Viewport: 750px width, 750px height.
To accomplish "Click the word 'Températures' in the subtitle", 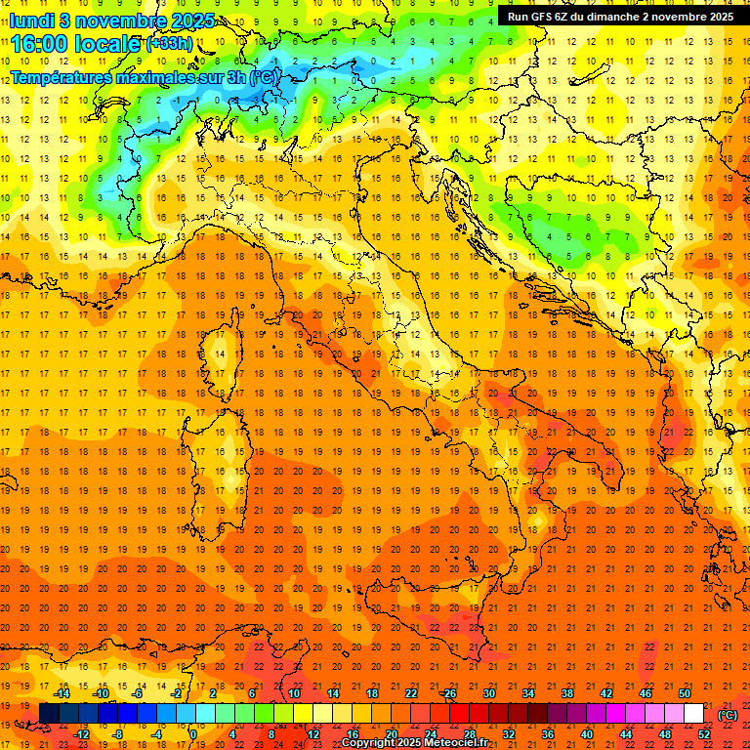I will (60, 76).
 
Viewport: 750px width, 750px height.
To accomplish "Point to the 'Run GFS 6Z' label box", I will (620, 16).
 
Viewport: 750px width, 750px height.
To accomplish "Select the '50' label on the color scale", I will (685, 694).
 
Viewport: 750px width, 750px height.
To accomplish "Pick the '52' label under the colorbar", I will (704, 734).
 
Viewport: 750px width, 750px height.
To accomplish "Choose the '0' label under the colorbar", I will (194, 734).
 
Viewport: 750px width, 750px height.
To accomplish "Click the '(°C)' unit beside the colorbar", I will (727, 715).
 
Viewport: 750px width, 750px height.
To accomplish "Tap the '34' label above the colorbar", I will (528, 694).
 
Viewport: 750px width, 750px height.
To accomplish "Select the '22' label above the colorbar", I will (411, 694).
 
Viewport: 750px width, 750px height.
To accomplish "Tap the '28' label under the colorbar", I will (470, 734).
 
